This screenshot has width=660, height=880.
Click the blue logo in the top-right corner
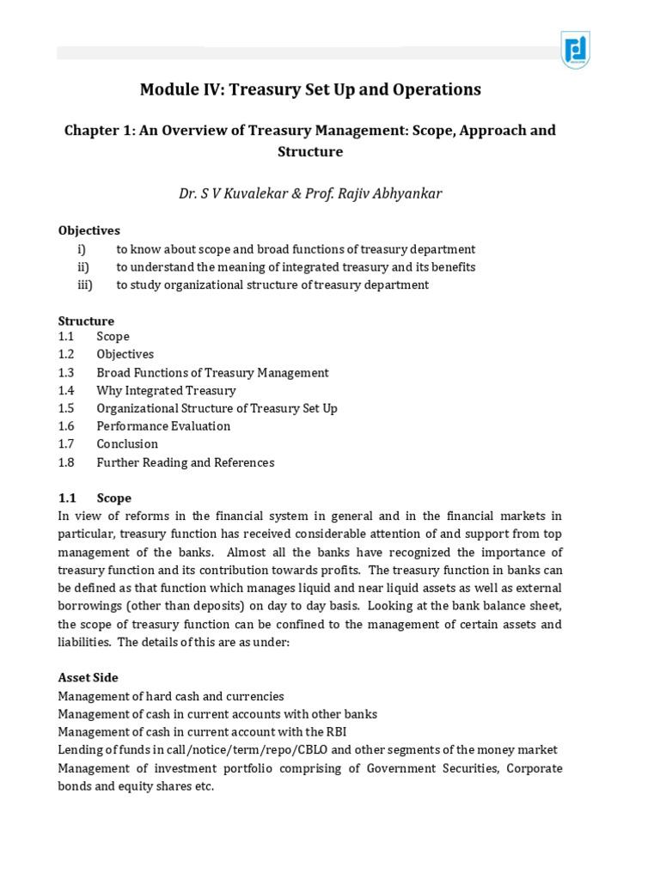pyautogui.click(x=575, y=50)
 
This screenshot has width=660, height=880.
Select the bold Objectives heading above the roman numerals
pyautogui.click(x=89, y=230)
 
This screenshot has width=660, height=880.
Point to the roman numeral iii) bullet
pyautogui.click(x=84, y=284)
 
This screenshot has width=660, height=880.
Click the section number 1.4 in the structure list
pyautogui.click(x=67, y=390)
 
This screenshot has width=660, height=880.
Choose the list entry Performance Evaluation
pyautogui.click(x=163, y=426)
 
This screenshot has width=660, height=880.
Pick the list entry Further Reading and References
pyautogui.click(x=186, y=462)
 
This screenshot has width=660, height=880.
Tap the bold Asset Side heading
pyautogui.click(x=88, y=678)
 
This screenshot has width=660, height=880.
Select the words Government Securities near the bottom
pyautogui.click(x=431, y=768)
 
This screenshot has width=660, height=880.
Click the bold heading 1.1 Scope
pyautogui.click(x=95, y=498)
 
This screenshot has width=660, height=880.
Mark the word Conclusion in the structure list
pyautogui.click(x=127, y=444)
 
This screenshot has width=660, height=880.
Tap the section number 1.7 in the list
pyautogui.click(x=67, y=444)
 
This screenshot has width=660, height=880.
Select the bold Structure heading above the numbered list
pyautogui.click(x=86, y=321)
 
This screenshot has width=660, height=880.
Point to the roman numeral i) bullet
pyautogui.click(x=82, y=249)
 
